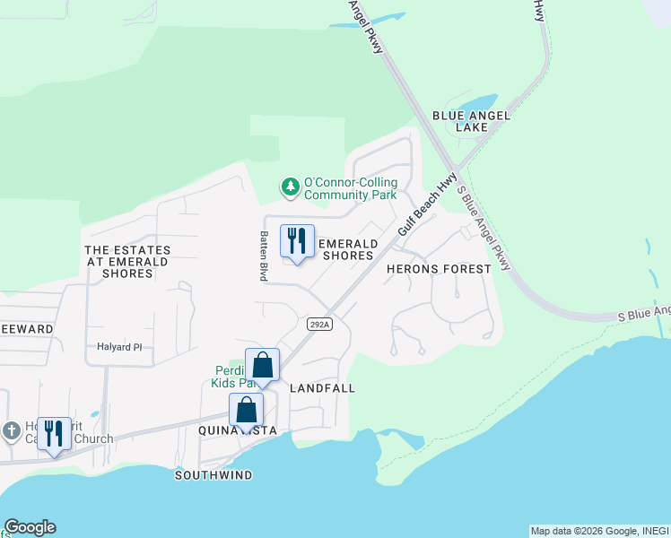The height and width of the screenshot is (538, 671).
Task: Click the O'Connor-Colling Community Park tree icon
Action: (290, 187)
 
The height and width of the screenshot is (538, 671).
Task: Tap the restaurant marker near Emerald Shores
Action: (297, 241)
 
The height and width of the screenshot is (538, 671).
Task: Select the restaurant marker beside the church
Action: (54, 434)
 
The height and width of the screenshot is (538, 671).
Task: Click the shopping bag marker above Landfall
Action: (262, 365)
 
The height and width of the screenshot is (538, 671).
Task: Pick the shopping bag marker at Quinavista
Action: (246, 411)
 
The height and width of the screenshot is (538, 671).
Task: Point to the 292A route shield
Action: (319, 324)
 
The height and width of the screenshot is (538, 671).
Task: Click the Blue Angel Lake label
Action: (471, 121)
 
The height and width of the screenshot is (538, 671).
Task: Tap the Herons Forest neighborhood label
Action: (439, 269)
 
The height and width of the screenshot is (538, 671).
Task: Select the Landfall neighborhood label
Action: (323, 388)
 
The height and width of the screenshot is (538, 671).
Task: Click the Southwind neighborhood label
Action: (213, 474)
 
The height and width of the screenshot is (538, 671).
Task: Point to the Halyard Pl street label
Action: (119, 347)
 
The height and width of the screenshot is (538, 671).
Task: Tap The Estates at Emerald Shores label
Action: (126, 261)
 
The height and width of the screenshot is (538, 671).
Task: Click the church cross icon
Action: (11, 430)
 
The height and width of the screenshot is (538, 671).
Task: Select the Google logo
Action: (30, 527)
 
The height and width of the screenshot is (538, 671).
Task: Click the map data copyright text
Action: (599, 531)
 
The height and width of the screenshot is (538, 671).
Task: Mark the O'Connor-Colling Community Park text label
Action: (350, 188)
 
